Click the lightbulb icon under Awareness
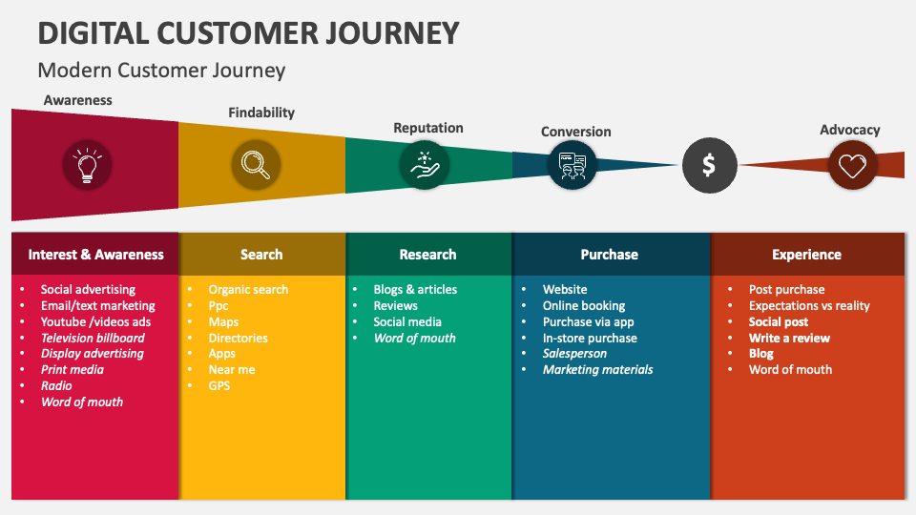coord(87,165)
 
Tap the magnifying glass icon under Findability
coord(256,165)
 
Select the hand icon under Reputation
coord(425,165)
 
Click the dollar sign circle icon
coord(709,165)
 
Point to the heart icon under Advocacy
coord(851,165)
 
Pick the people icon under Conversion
coord(572,165)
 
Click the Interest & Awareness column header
coord(95,255)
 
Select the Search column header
coord(261,255)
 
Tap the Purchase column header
coord(610,255)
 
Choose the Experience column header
coord(806,255)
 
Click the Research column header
coord(427,255)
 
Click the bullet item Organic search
coord(248,290)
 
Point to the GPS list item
coord(219,386)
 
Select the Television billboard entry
coord(93,338)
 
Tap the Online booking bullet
coord(584,306)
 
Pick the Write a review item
coord(789,338)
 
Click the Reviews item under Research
coord(395,306)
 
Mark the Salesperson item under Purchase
coord(574,354)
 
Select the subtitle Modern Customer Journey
coord(161,71)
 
